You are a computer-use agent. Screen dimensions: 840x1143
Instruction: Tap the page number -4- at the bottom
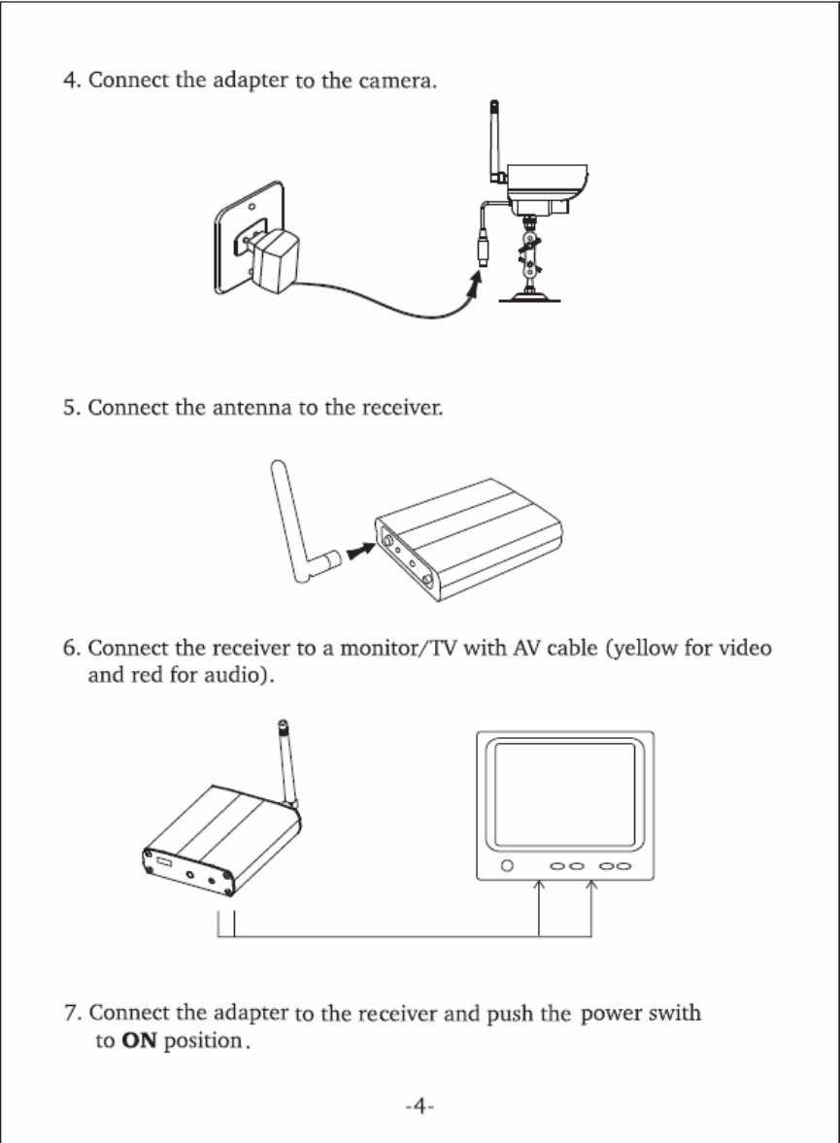418,1107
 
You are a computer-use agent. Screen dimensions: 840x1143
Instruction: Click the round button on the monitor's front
505,866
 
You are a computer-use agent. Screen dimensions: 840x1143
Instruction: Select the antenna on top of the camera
496,141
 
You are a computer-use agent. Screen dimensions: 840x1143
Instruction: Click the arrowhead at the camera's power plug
476,284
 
